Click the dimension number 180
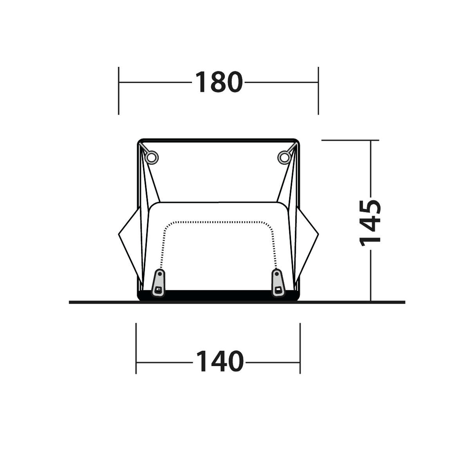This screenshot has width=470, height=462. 219,82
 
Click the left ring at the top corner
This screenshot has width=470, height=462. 152,157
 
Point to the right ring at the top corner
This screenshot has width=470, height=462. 284,157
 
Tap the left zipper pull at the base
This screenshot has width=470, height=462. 159,283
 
